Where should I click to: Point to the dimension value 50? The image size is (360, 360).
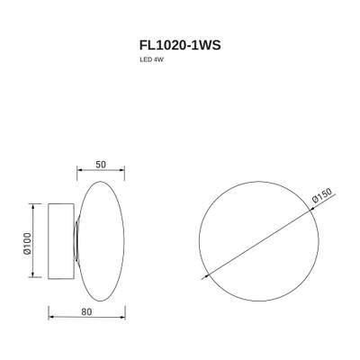[101, 165]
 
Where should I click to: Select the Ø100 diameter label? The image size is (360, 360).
[27, 242]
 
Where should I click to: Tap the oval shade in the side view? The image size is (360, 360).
[102, 242]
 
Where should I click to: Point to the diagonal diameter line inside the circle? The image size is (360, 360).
[256, 242]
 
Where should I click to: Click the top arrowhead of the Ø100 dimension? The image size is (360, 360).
[36, 206]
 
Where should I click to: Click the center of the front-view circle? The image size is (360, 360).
[256, 242]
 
